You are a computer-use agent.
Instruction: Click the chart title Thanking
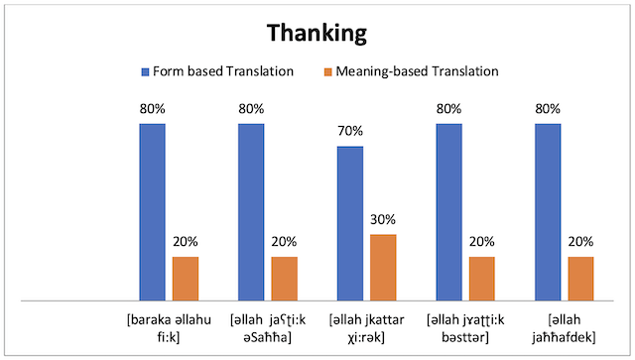(316, 33)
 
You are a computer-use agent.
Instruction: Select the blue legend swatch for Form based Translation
(145, 71)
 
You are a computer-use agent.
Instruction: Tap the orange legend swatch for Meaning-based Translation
(327, 71)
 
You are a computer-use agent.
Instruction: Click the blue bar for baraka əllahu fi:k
(152, 211)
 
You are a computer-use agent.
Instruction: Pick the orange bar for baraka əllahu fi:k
(186, 278)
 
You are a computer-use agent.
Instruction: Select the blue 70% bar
(350, 223)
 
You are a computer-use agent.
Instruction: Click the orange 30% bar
(383, 267)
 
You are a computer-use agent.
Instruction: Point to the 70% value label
(350, 131)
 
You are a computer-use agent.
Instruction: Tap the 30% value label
(383, 219)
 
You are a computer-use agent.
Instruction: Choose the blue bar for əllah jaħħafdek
(548, 211)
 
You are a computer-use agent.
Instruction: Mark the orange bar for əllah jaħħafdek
(580, 278)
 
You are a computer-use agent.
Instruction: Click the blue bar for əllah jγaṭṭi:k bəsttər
(448, 211)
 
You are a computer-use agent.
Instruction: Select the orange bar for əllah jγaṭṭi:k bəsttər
(482, 278)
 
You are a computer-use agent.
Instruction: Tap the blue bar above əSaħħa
(251, 211)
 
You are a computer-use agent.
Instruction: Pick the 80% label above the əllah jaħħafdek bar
(548, 109)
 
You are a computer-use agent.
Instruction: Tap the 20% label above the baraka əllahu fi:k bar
(186, 241)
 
